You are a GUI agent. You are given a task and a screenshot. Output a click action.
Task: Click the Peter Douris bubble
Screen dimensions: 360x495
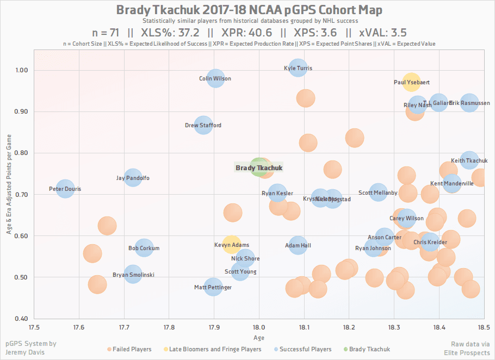pos(65,189)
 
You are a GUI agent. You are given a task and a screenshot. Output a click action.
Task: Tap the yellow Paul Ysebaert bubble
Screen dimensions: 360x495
pos(411,82)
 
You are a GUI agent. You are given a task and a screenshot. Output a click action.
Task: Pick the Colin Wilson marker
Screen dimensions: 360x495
pos(215,79)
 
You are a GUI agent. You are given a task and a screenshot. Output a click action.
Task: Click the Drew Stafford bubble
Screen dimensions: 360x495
pos(203,126)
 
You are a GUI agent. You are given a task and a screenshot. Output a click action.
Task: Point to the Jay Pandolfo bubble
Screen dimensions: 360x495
pos(133,178)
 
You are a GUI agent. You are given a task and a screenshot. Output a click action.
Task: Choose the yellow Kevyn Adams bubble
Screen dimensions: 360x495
pos(232,245)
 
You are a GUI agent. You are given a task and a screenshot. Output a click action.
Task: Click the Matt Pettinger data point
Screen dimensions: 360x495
pos(213,287)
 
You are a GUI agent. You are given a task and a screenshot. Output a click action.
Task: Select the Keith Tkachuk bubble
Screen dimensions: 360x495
pos(469,160)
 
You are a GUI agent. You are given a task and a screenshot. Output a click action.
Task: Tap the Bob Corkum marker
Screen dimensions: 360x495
pos(144,249)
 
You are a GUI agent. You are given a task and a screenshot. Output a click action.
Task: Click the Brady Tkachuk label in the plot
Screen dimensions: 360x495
pos(259,168)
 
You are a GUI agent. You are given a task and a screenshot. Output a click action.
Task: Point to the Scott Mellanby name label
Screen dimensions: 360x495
pos(378,193)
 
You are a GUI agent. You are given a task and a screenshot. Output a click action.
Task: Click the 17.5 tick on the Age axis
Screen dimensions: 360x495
pos(34,326)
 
